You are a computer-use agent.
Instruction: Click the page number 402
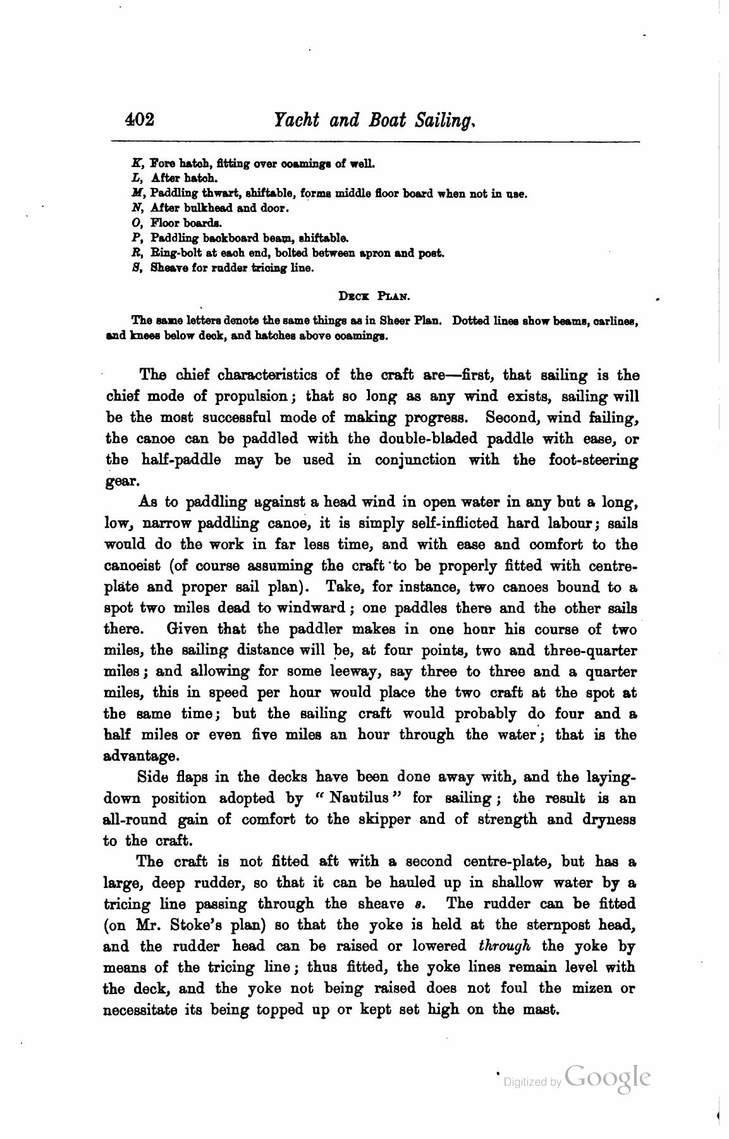pyautogui.click(x=140, y=120)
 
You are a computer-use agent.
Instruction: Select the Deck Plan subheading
pyautogui.click(x=375, y=295)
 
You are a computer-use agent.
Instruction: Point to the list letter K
pyautogui.click(x=134, y=164)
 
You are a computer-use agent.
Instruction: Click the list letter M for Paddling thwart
pyautogui.click(x=135, y=193)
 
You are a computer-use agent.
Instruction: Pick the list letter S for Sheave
pyautogui.click(x=135, y=268)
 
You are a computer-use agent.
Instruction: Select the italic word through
pyautogui.click(x=504, y=946)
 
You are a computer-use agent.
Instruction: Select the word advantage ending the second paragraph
pyautogui.click(x=142, y=756)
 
